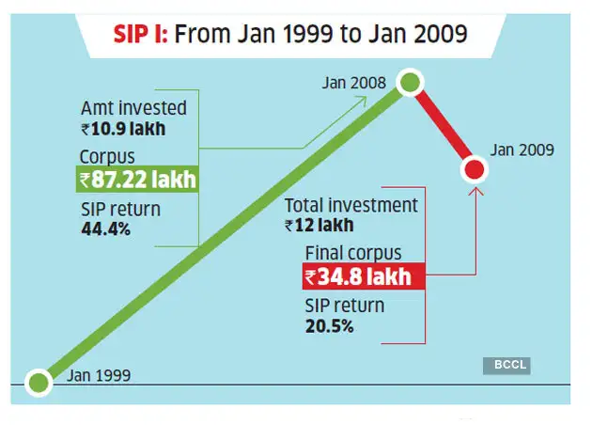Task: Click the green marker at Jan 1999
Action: click(x=38, y=382)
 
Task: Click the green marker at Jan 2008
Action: click(x=410, y=82)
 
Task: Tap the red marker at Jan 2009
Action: click(x=475, y=169)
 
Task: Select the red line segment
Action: click(x=443, y=126)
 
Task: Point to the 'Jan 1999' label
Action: click(x=99, y=375)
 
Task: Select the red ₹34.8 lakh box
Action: click(x=363, y=277)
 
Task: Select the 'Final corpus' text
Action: click(x=352, y=253)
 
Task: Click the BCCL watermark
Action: click(x=508, y=365)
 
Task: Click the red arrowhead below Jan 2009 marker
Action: click(x=475, y=192)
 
